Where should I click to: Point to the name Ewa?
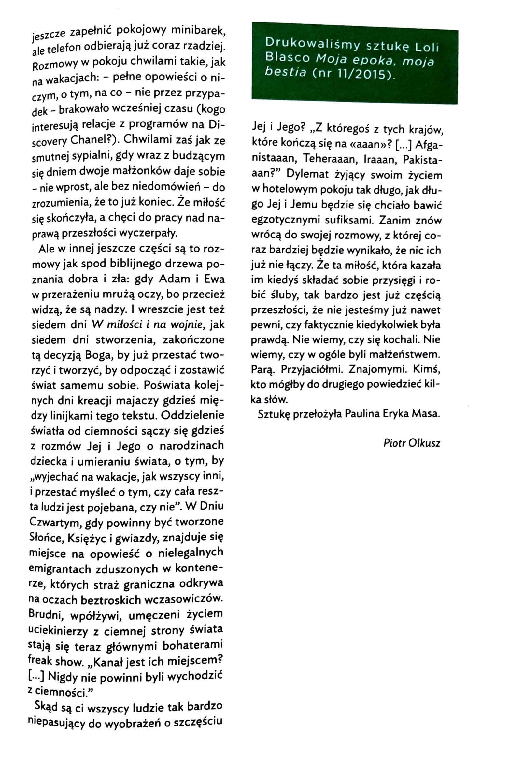tap(214, 279)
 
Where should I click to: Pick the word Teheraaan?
tap(327, 159)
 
